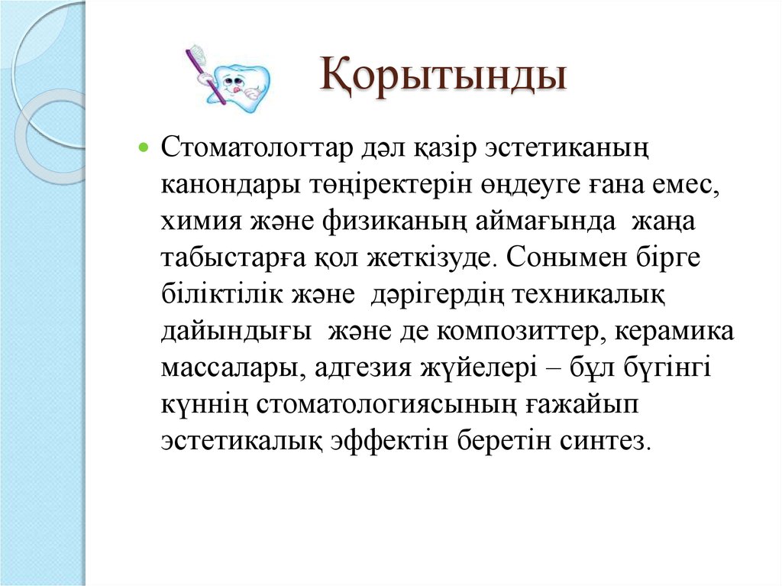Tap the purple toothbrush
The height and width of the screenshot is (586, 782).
206,72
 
